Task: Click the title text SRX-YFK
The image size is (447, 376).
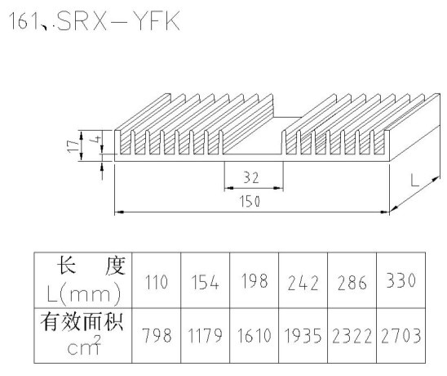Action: [118, 21]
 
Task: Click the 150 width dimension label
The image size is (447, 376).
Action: [250, 201]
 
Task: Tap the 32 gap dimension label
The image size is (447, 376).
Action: [251, 177]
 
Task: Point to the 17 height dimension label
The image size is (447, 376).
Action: [73, 145]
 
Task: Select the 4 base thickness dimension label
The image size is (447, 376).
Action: [97, 140]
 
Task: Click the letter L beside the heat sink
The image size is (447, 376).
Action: [415, 181]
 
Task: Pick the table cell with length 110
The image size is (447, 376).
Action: [157, 282]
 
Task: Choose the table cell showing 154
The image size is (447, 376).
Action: [205, 282]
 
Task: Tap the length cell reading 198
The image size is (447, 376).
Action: [254, 280]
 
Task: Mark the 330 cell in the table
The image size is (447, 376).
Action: [401, 280]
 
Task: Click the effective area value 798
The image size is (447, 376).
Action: [157, 335]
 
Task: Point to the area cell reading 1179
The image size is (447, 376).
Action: [205, 335]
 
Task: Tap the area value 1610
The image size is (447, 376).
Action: [254, 335]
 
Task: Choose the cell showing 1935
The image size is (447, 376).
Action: [303, 335]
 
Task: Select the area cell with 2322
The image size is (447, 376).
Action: [352, 336]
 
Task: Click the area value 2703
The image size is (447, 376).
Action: [401, 336]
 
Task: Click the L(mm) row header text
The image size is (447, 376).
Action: [84, 293]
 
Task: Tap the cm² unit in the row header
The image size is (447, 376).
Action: [84, 345]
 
